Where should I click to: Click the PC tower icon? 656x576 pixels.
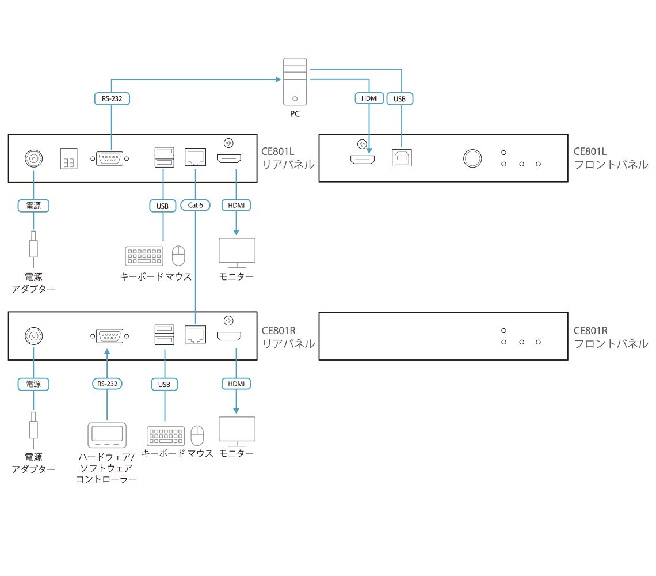(x=295, y=81)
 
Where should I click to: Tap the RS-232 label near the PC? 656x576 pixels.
(x=112, y=99)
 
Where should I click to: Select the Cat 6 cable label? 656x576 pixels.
(x=195, y=205)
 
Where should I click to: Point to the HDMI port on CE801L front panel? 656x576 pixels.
(x=363, y=158)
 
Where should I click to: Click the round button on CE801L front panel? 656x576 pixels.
(x=472, y=158)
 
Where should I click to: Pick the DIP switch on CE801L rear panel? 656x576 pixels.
(x=68, y=159)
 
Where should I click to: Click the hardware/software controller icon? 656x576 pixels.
(x=106, y=435)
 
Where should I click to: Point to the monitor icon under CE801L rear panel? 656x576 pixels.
(x=237, y=252)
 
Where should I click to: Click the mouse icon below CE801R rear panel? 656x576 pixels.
(x=197, y=435)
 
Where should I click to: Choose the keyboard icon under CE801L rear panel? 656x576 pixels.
(x=144, y=256)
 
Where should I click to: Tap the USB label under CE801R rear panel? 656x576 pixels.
(x=165, y=384)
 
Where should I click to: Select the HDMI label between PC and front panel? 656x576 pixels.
(x=369, y=99)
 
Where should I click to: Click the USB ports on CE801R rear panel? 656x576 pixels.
(x=164, y=336)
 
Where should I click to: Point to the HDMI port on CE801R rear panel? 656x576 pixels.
(x=229, y=336)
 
